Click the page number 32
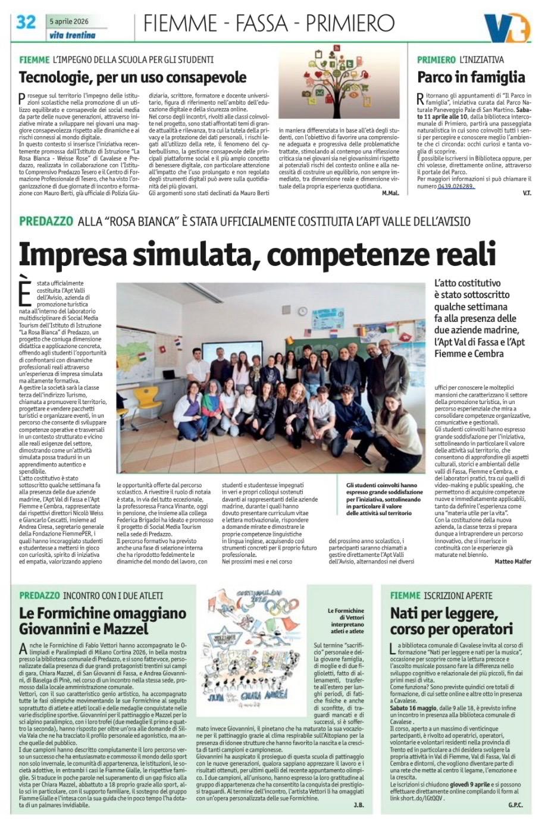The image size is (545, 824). coord(26,22)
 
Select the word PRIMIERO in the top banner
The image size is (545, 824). coord(350,23)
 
